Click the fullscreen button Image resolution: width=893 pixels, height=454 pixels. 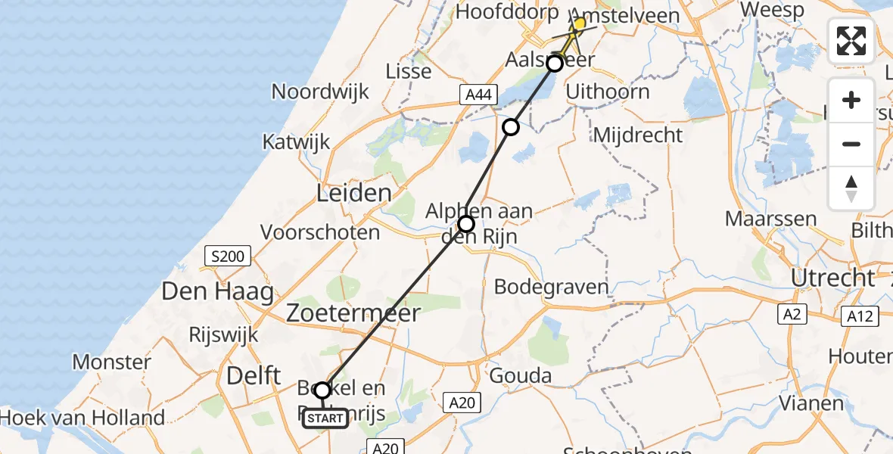851,41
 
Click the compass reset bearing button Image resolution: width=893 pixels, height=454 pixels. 851,188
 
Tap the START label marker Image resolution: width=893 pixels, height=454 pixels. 325,418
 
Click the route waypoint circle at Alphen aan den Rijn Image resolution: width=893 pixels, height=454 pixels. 466,223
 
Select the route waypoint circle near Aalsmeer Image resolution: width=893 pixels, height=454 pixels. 555,64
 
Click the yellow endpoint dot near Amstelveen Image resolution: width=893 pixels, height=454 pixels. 579,24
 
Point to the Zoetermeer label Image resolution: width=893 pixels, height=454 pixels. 353,313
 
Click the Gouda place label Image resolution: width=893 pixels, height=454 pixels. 521,375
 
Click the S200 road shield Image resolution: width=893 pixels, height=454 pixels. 228,257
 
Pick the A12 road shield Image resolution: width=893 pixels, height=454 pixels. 859,316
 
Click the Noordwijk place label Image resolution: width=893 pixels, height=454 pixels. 320,92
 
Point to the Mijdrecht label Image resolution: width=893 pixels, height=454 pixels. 639,135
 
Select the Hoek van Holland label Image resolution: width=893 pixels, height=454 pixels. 83,417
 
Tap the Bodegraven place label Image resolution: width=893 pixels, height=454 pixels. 551,287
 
